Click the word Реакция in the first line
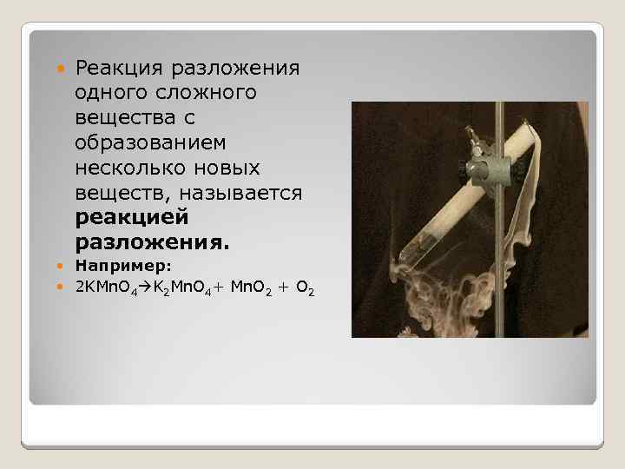pos(123,68)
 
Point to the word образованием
pos(151,142)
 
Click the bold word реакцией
pos(131,216)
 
